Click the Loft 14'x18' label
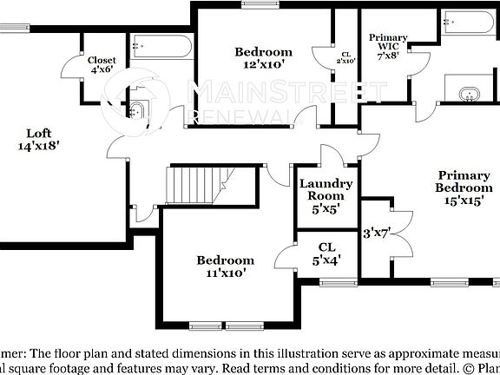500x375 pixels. [x=39, y=140]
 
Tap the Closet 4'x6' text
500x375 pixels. [x=102, y=65]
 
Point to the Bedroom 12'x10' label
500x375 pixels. [x=263, y=58]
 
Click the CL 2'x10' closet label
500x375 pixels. [x=345, y=58]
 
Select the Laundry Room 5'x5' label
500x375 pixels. [x=326, y=195]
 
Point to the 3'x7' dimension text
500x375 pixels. [x=378, y=233]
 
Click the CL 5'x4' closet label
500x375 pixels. [x=326, y=252]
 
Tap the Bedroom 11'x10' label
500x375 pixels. [x=225, y=266]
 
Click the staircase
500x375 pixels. [x=198, y=185]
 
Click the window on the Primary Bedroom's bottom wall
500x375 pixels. [x=449, y=281]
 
